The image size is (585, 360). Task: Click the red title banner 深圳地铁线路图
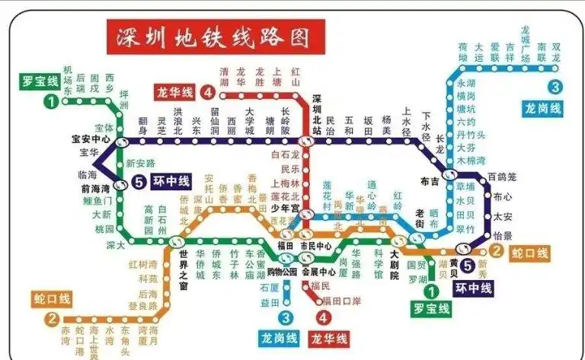pos(216,36)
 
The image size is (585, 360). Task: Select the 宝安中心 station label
pos(91,140)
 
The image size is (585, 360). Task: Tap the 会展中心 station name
pos(318,272)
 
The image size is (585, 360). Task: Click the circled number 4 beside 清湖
pos(208,94)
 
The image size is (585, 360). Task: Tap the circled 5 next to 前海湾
pos(138,183)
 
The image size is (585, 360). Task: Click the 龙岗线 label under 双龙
pos(543,109)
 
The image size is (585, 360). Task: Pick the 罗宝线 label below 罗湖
pos(430,309)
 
